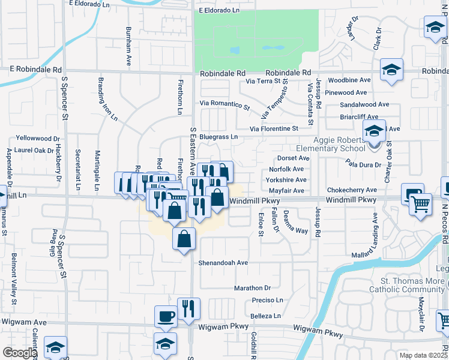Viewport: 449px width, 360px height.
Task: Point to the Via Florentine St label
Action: (274, 128)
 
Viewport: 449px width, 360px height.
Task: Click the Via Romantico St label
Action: (224, 104)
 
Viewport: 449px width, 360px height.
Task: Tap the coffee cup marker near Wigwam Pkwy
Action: (166, 317)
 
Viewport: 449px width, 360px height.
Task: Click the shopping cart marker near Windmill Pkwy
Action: (420, 205)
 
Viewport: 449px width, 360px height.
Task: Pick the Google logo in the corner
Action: (19, 353)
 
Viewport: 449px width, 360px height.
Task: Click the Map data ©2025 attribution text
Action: (423, 355)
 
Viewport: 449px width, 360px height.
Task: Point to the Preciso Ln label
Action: (267, 300)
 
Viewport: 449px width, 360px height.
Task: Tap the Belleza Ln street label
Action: (265, 316)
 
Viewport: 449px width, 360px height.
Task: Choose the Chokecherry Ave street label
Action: (352, 190)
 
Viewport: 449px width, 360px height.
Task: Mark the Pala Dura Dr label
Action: (363, 164)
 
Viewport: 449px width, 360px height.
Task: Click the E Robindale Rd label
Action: (35, 70)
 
